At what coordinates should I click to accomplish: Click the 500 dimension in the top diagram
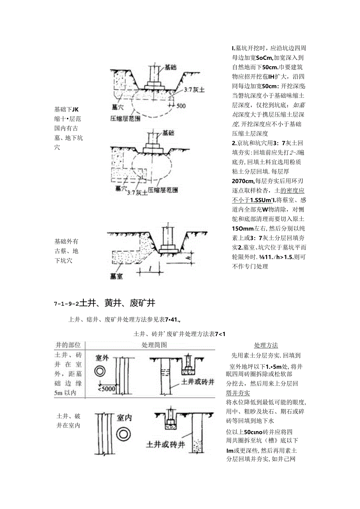181,106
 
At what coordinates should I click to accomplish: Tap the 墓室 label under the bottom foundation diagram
116,276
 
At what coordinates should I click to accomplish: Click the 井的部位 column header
68,345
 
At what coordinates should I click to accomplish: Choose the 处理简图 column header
154,345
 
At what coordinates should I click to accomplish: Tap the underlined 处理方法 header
266,345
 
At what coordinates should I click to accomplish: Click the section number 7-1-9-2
66,304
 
